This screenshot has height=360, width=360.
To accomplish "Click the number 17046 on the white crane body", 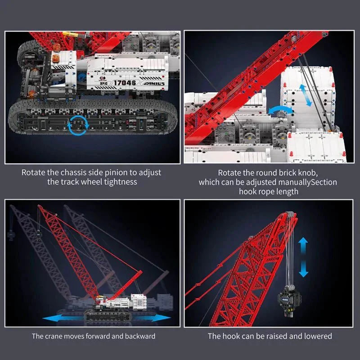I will click(x=125, y=83).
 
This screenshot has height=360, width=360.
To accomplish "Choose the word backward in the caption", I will click(x=138, y=336).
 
